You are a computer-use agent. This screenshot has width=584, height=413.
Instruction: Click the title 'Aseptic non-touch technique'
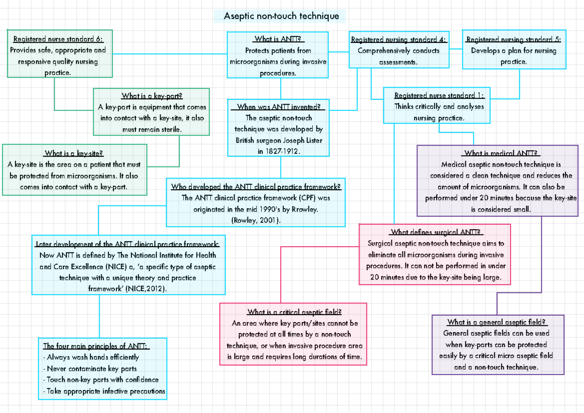(x=281, y=16)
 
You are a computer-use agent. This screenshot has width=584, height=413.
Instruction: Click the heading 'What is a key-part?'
(x=152, y=96)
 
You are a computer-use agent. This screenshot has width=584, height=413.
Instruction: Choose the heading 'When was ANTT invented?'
(x=278, y=107)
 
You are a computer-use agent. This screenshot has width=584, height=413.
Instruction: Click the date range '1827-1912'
(x=282, y=151)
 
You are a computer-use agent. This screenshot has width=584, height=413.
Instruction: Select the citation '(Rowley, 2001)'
(x=255, y=220)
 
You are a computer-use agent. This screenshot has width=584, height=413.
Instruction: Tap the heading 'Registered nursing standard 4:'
(x=399, y=39)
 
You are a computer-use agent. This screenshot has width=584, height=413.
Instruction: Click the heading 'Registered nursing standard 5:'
(x=513, y=39)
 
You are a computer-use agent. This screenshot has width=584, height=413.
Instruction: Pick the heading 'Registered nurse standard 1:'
(x=439, y=96)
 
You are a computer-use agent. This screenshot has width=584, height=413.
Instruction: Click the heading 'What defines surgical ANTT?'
(x=435, y=232)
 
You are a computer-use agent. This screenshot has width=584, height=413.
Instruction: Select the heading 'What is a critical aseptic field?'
(x=294, y=312)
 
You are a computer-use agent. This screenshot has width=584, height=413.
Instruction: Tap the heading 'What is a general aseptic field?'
(x=497, y=322)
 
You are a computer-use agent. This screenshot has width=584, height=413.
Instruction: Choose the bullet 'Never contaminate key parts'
(x=90, y=369)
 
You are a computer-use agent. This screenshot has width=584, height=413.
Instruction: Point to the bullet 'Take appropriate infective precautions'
(x=104, y=391)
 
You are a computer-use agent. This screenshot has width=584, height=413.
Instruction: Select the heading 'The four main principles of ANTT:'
(x=96, y=346)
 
